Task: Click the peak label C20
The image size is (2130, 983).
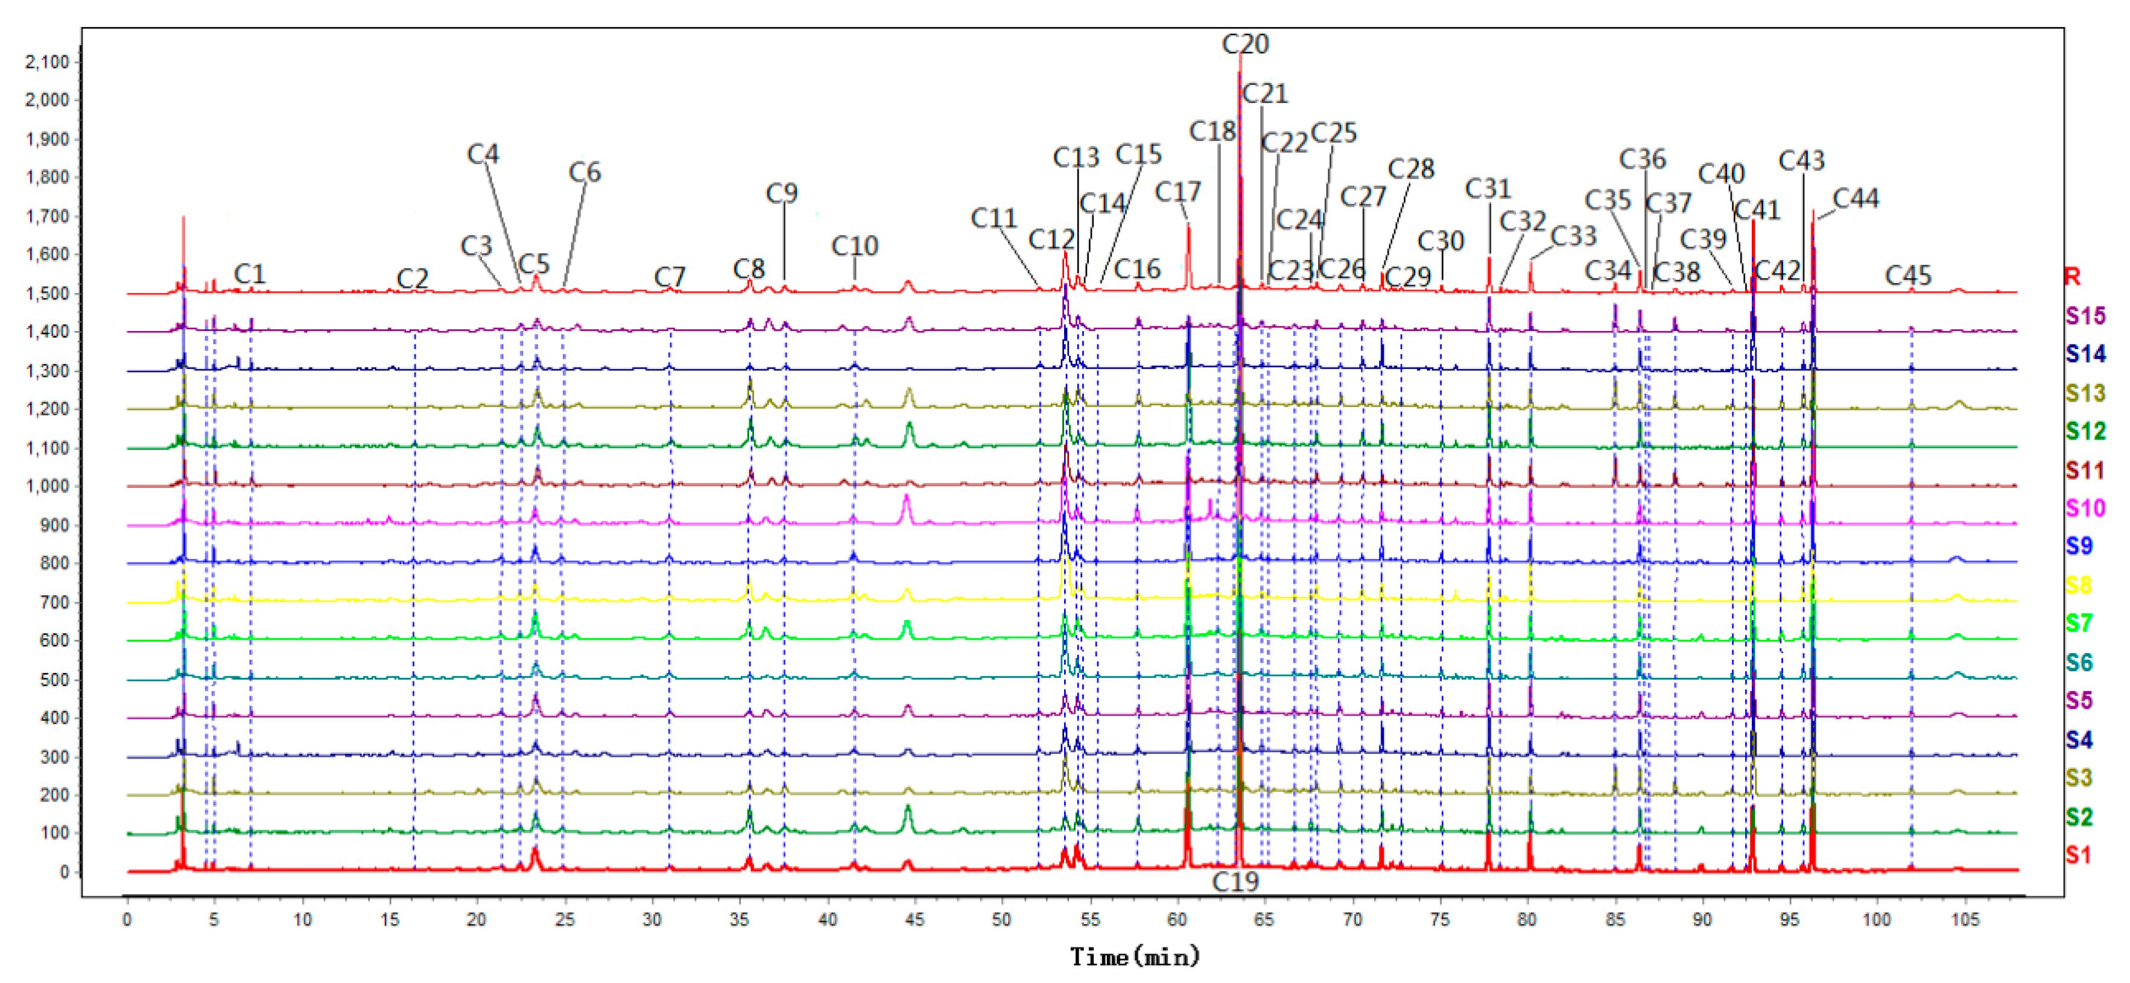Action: [1244, 44]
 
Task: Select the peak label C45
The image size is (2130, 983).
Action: [1907, 276]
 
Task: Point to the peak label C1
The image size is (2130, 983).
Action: [249, 274]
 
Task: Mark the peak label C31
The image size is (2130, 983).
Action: [1488, 189]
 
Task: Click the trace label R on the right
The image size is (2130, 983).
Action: [2072, 276]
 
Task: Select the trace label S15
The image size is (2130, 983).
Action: [2085, 315]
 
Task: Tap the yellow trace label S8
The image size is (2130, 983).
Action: [2079, 586]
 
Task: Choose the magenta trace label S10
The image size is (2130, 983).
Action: [2085, 508]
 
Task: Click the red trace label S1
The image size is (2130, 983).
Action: [2079, 855]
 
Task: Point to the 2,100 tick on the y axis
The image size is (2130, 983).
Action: [47, 62]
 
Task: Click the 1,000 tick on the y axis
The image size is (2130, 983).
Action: [47, 486]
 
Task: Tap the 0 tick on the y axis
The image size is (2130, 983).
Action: [64, 872]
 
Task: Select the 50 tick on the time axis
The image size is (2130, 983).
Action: [1001, 919]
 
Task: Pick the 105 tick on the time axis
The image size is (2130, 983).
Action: [1965, 919]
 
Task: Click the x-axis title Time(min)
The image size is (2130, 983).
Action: [1135, 958]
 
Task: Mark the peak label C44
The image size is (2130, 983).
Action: [1856, 198]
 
